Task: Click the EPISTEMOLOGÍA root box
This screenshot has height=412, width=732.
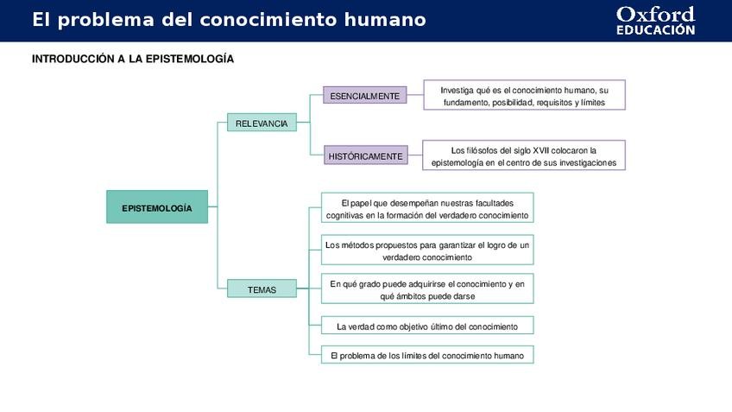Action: click(x=157, y=207)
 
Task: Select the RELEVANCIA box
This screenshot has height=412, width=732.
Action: click(x=262, y=124)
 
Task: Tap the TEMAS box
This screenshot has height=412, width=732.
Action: click(x=262, y=289)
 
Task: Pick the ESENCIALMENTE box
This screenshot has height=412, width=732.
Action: click(x=364, y=96)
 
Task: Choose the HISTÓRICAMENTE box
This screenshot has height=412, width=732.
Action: click(x=364, y=156)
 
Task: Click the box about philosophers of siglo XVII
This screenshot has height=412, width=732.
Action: click(x=524, y=155)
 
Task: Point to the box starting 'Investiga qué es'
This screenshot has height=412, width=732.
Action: click(x=524, y=95)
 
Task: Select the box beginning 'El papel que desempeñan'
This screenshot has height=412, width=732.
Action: click(x=427, y=208)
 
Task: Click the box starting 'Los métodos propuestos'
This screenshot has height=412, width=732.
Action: click(x=427, y=250)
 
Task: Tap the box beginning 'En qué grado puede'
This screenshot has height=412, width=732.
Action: click(x=427, y=289)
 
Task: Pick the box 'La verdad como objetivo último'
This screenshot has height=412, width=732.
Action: click(x=427, y=326)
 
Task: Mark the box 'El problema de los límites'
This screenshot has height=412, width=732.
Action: click(x=427, y=355)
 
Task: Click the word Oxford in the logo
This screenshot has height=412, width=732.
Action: click(x=655, y=14)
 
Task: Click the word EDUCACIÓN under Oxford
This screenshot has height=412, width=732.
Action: click(x=655, y=30)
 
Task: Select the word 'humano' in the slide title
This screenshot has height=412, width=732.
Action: click(x=390, y=20)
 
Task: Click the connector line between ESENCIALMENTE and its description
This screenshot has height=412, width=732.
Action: click(x=415, y=95)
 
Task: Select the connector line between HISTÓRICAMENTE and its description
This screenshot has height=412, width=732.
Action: click(x=414, y=155)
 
